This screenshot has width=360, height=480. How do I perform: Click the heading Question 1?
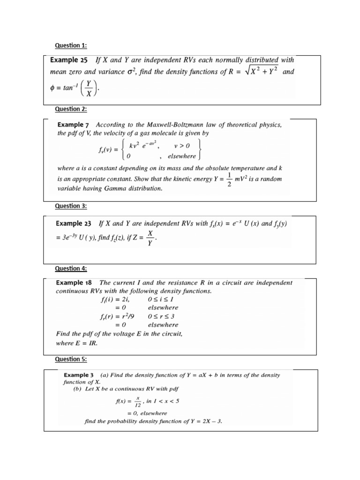[71, 45]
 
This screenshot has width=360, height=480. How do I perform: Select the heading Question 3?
[71, 206]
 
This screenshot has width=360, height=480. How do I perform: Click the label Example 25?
[70, 60]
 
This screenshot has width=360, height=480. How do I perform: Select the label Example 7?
[73, 125]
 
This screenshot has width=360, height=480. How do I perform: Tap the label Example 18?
[75, 283]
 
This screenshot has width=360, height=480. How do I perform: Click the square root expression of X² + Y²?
[263, 72]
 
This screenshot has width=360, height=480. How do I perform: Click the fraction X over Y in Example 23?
[150, 238]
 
